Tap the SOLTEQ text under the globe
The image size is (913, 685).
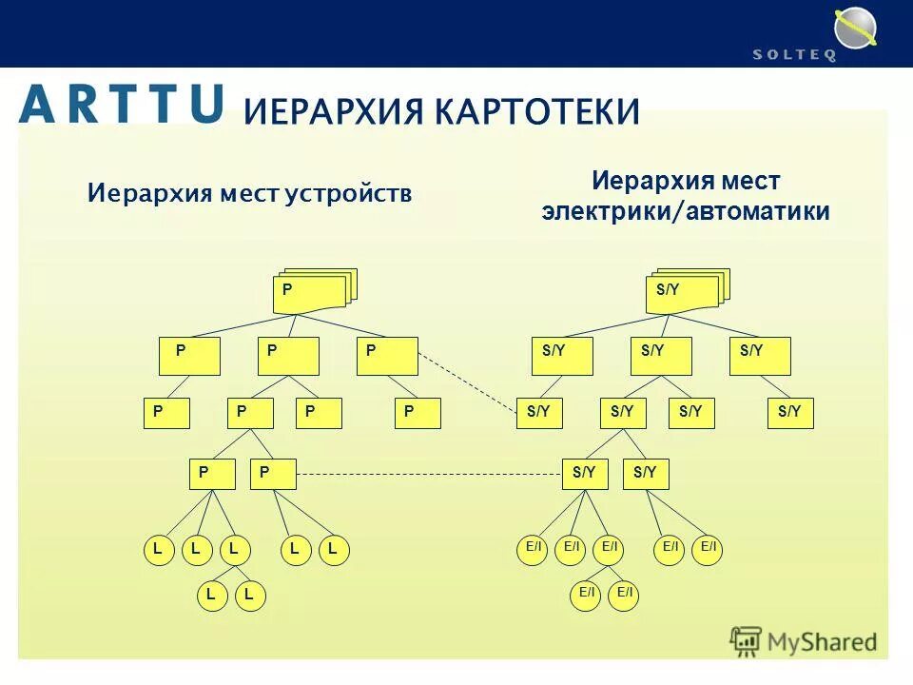tap(794, 55)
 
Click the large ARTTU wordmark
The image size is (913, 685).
tap(122, 104)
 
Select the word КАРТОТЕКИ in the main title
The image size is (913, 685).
tap(537, 111)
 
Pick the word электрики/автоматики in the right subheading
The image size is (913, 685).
tap(686, 211)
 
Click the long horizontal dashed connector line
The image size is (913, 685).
tap(428, 474)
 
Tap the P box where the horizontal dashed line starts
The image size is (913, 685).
tap(273, 474)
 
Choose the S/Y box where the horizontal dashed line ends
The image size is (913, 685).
tap(585, 474)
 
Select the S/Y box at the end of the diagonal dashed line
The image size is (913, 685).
tap(539, 413)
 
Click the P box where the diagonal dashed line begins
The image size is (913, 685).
tap(387, 356)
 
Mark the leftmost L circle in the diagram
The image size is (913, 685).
tap(159, 550)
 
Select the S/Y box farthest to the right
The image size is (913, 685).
tap(790, 413)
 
